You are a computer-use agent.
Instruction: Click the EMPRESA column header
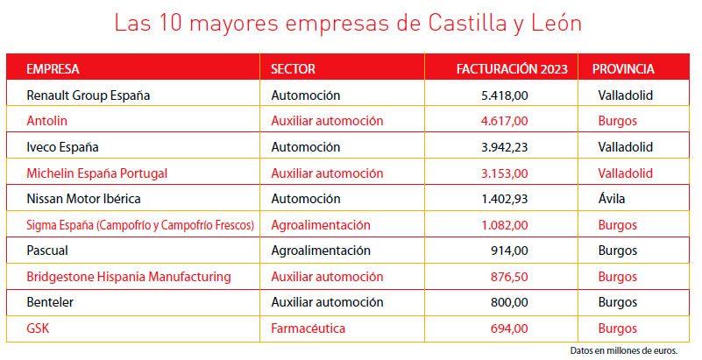(x=53, y=69)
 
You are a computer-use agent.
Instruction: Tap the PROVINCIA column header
(x=623, y=69)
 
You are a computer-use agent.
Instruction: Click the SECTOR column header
(x=293, y=69)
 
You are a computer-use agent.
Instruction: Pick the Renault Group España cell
(x=89, y=95)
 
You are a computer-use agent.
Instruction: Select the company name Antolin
(x=47, y=120)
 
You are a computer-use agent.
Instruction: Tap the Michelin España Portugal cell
(x=97, y=173)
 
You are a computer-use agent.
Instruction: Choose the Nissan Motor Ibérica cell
(x=84, y=199)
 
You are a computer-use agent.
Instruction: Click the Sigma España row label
(x=140, y=225)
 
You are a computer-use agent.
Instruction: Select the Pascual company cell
(x=48, y=251)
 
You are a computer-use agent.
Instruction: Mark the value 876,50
(x=508, y=277)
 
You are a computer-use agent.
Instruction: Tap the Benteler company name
(x=52, y=302)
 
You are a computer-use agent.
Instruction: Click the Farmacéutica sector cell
(x=308, y=328)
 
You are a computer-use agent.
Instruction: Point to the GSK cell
(x=38, y=328)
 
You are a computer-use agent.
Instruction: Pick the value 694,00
(x=508, y=328)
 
